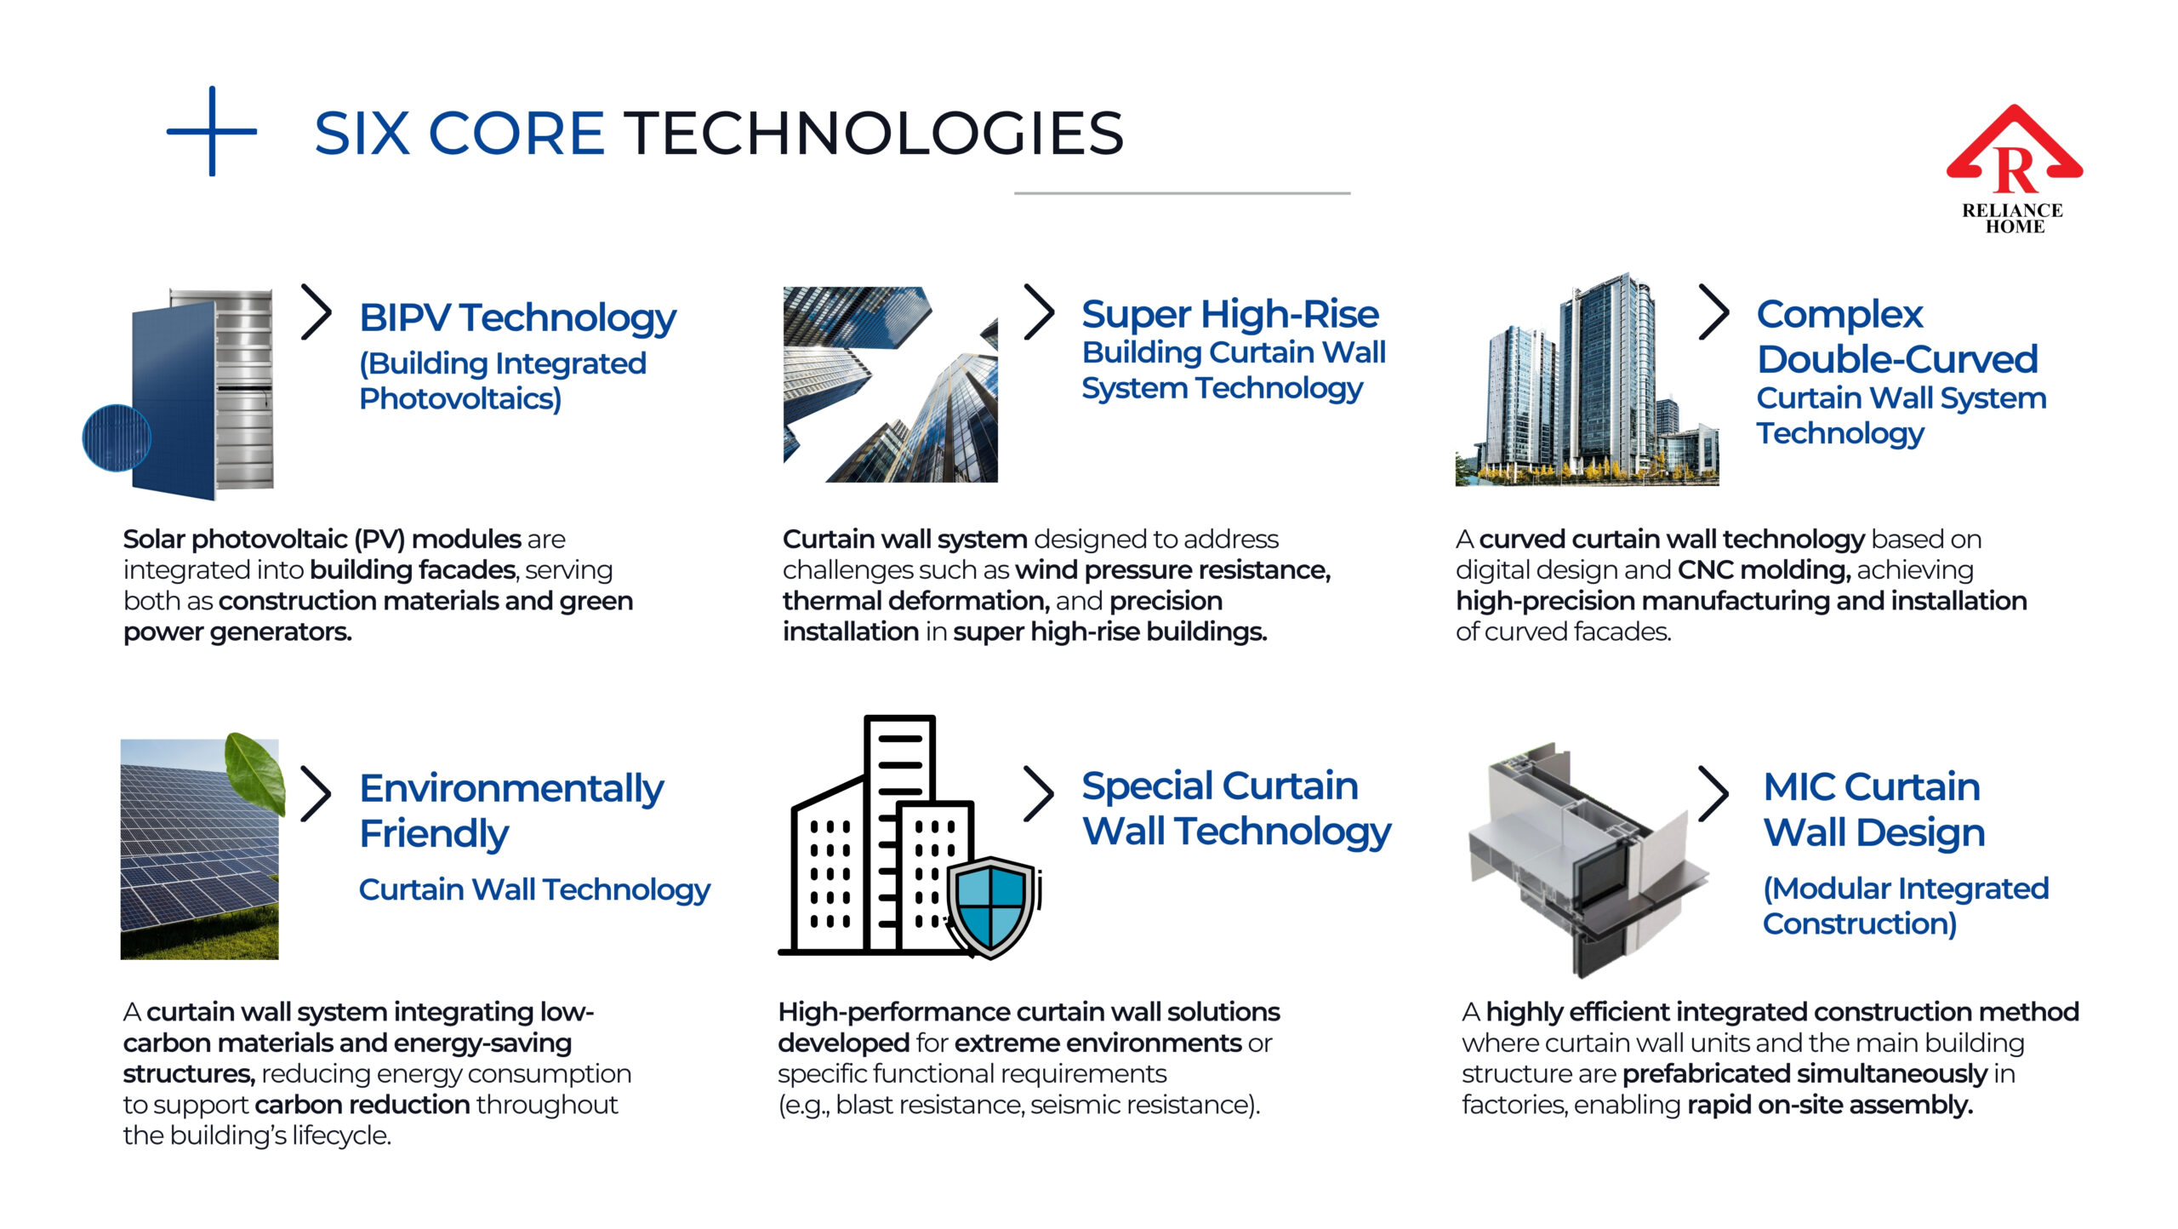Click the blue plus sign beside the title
212,131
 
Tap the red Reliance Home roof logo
2014,148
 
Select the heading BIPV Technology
517,318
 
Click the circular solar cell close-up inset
117,437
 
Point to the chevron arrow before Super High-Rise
1039,312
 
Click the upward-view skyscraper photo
890,385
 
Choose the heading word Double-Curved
1897,359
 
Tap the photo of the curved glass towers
1587,380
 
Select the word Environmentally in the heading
511,789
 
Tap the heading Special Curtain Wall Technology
1236,809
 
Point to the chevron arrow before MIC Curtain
1713,793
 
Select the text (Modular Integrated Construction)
1906,906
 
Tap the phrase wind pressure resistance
1173,569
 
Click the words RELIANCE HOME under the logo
2013,218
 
